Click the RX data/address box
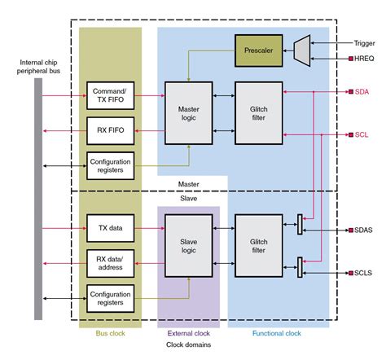110,261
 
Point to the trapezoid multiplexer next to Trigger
301,50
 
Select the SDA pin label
362,93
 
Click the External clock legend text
188,332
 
